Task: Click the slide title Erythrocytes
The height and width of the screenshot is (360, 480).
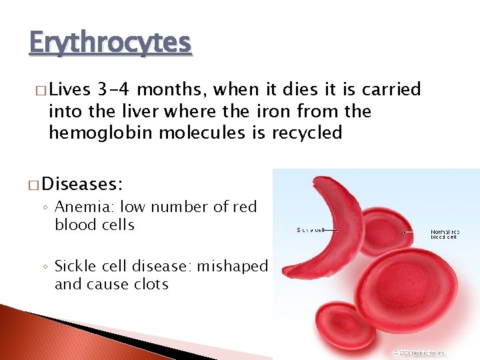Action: click(110, 43)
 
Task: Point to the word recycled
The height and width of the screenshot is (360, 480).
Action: click(307, 133)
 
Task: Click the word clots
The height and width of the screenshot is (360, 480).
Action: click(149, 284)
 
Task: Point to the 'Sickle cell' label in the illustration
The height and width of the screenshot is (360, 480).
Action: click(309, 229)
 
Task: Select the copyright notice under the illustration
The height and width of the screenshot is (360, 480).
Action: click(419, 352)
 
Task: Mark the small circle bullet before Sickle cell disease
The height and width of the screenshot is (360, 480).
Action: click(46, 267)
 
